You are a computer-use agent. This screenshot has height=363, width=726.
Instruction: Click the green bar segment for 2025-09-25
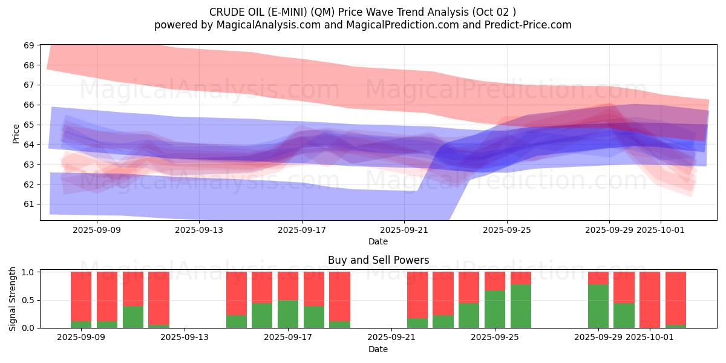pos(495,309)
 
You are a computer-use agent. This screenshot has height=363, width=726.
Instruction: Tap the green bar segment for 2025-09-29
pos(598,306)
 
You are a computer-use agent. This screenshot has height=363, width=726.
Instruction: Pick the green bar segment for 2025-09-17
pos(288,314)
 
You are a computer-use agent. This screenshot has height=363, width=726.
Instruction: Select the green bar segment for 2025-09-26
pos(521,306)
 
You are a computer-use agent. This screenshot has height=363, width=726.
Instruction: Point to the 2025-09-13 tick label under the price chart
pos(200,230)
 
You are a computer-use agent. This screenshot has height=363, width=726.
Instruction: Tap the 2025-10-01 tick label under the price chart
pos(661,230)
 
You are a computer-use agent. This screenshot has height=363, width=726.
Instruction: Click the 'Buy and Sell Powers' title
pos(378,260)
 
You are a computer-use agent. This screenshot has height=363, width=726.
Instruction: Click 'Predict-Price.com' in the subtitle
pos(530,25)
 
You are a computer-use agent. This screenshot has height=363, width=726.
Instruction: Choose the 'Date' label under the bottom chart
pos(378,349)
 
